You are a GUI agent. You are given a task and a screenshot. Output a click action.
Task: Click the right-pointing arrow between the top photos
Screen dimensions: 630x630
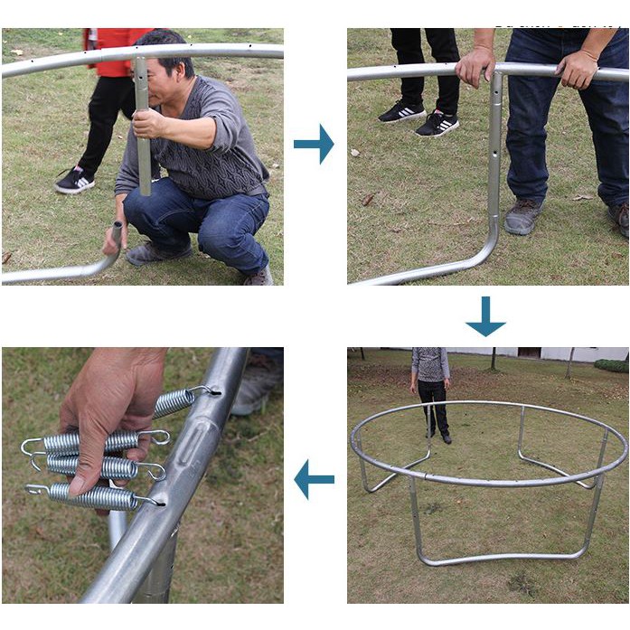(x=314, y=145)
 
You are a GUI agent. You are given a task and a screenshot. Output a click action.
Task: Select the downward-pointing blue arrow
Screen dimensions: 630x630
(x=485, y=316)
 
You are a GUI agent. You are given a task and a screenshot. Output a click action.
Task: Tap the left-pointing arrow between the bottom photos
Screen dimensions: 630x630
(x=314, y=479)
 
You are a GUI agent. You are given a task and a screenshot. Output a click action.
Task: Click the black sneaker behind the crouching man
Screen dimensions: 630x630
(x=74, y=181)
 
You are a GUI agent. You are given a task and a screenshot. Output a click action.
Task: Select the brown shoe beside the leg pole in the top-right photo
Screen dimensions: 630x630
(x=523, y=216)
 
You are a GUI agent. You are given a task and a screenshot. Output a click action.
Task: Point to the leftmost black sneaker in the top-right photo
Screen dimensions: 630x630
(x=401, y=111)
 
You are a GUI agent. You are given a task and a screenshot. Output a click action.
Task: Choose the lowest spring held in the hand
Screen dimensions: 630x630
(x=90, y=495)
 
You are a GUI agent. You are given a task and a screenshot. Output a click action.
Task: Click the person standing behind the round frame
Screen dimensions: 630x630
(x=431, y=390)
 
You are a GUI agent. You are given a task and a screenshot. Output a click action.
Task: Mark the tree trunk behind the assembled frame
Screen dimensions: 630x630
(x=493, y=359)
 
